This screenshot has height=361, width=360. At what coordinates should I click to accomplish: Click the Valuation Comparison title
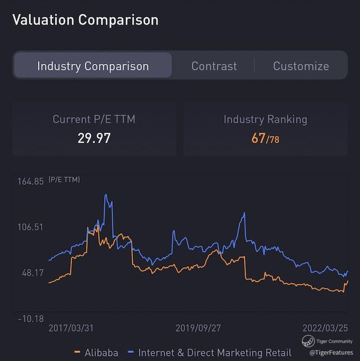pos(85,20)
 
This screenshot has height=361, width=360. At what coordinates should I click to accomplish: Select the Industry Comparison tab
pos(93,66)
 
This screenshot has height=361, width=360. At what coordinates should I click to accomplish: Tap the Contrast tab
pos(214,66)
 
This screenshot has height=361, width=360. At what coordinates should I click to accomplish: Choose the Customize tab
pos(301,66)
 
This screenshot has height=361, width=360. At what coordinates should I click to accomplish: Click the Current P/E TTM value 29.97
pos(94,138)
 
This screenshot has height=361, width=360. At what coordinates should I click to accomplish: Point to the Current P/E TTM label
pos(94,119)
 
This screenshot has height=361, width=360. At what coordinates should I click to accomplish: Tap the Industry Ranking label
pos(265,119)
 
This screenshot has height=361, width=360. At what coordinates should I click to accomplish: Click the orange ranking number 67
pos(259,138)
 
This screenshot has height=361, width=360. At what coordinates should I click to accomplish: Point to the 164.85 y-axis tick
pos(31,182)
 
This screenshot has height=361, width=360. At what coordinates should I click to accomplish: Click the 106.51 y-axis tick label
pos(31,227)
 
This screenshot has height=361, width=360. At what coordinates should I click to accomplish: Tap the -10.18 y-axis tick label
pos(31,318)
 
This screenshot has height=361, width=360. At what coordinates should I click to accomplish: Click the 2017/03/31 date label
pos(71,328)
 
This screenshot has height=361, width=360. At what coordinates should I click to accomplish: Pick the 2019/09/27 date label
pos(198,328)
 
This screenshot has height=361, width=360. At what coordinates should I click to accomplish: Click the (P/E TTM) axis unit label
pos(64,179)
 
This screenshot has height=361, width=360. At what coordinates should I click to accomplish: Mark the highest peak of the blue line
pos(106,195)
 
